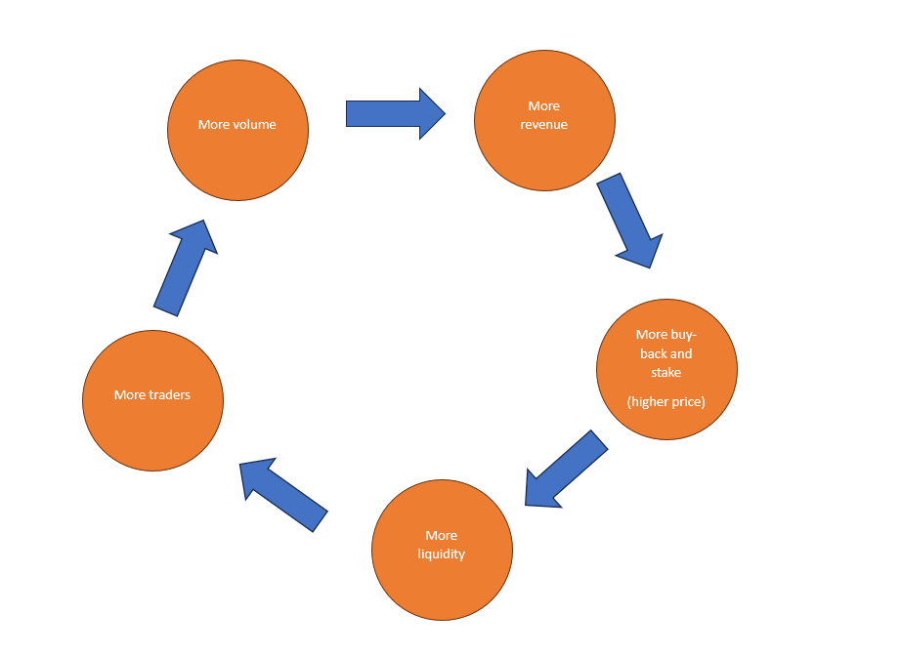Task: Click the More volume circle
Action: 237,156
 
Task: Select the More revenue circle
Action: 544,146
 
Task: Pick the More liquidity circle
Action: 442,576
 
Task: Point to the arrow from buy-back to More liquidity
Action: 566,468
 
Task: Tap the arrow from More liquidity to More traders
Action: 284,494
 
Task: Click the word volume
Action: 255,125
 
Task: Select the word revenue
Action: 544,125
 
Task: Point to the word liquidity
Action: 442,554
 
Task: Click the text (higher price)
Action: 666,401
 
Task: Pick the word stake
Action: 666,372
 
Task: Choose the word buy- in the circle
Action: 684,335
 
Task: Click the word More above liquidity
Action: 442,536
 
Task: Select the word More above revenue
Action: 544,106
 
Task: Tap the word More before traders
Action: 130,395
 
